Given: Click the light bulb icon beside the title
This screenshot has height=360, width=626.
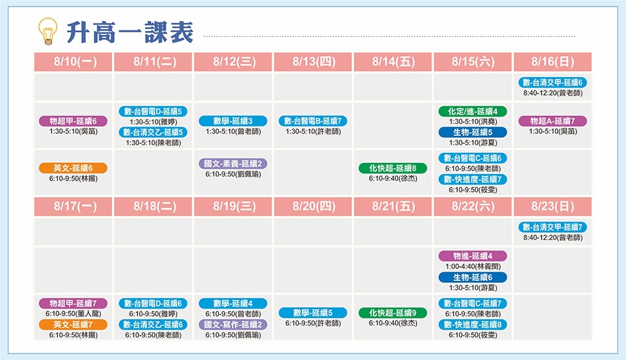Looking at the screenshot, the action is (47, 31).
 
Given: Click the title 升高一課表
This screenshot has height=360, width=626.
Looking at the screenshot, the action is (130, 32).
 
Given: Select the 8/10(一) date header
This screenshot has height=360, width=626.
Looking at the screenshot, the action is (73, 62).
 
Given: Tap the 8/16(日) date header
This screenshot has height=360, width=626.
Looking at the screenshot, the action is (553, 62).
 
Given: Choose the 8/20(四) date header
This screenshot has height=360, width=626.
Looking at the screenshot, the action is (313, 206).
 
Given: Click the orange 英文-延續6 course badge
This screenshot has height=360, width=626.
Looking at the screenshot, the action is (73, 168).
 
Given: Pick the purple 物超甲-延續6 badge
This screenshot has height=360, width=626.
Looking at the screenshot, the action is (73, 121).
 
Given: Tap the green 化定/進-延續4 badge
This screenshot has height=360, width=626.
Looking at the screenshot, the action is (472, 111).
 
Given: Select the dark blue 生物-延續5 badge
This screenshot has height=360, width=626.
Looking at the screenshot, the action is (472, 133).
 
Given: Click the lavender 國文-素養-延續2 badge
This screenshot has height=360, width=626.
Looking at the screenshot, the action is (233, 164).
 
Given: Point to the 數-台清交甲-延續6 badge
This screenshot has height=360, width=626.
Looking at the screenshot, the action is (553, 82).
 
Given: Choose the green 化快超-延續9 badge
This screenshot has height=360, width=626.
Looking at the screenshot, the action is (393, 313).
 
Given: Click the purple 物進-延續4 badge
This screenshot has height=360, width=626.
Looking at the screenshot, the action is (472, 256).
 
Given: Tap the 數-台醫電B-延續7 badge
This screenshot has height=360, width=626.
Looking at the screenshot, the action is (313, 121).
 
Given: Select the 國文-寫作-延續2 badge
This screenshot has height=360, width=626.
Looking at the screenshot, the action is (233, 324).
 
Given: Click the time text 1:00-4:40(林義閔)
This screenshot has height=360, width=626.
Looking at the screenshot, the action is (472, 266).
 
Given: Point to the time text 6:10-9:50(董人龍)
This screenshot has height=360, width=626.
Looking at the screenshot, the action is (73, 314).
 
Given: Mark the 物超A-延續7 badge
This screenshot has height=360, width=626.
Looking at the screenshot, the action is (553, 121).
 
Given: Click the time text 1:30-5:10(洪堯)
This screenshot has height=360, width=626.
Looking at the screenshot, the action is (472, 122).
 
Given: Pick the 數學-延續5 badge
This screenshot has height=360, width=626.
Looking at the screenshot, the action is (313, 313).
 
